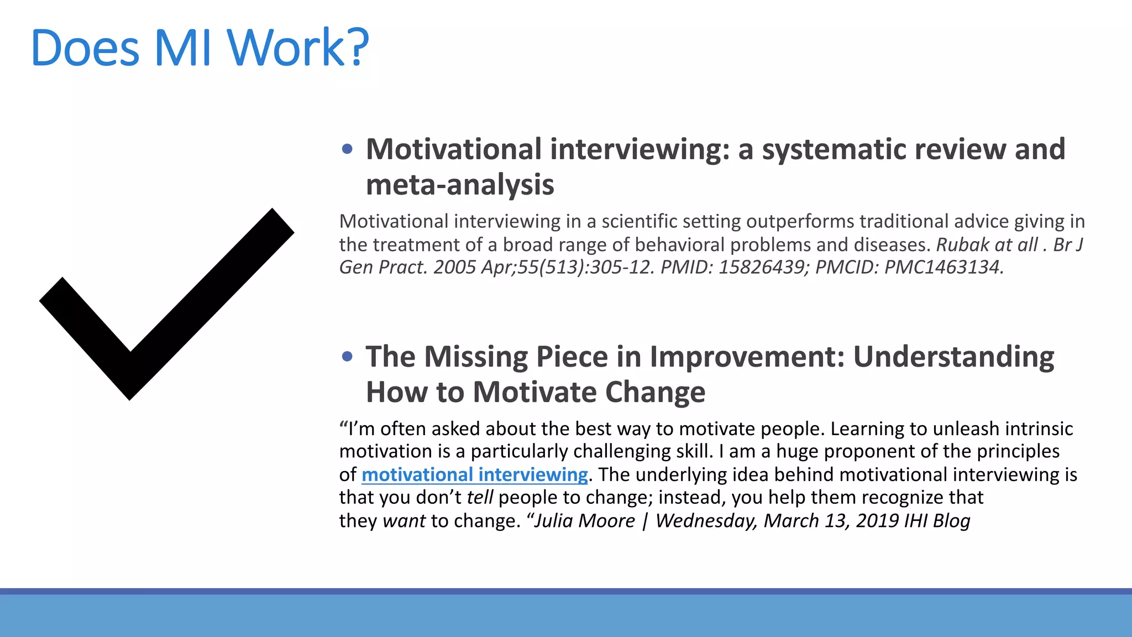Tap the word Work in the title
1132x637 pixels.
pos(286,48)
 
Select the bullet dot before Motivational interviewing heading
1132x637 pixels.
pos(347,149)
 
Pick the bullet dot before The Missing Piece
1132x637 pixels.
pos(347,357)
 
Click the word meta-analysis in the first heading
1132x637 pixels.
pos(460,185)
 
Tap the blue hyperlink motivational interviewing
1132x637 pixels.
pos(474,474)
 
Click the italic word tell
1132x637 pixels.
pos(479,498)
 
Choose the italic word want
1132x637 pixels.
pos(404,521)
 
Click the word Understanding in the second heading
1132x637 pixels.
pos(953,357)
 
